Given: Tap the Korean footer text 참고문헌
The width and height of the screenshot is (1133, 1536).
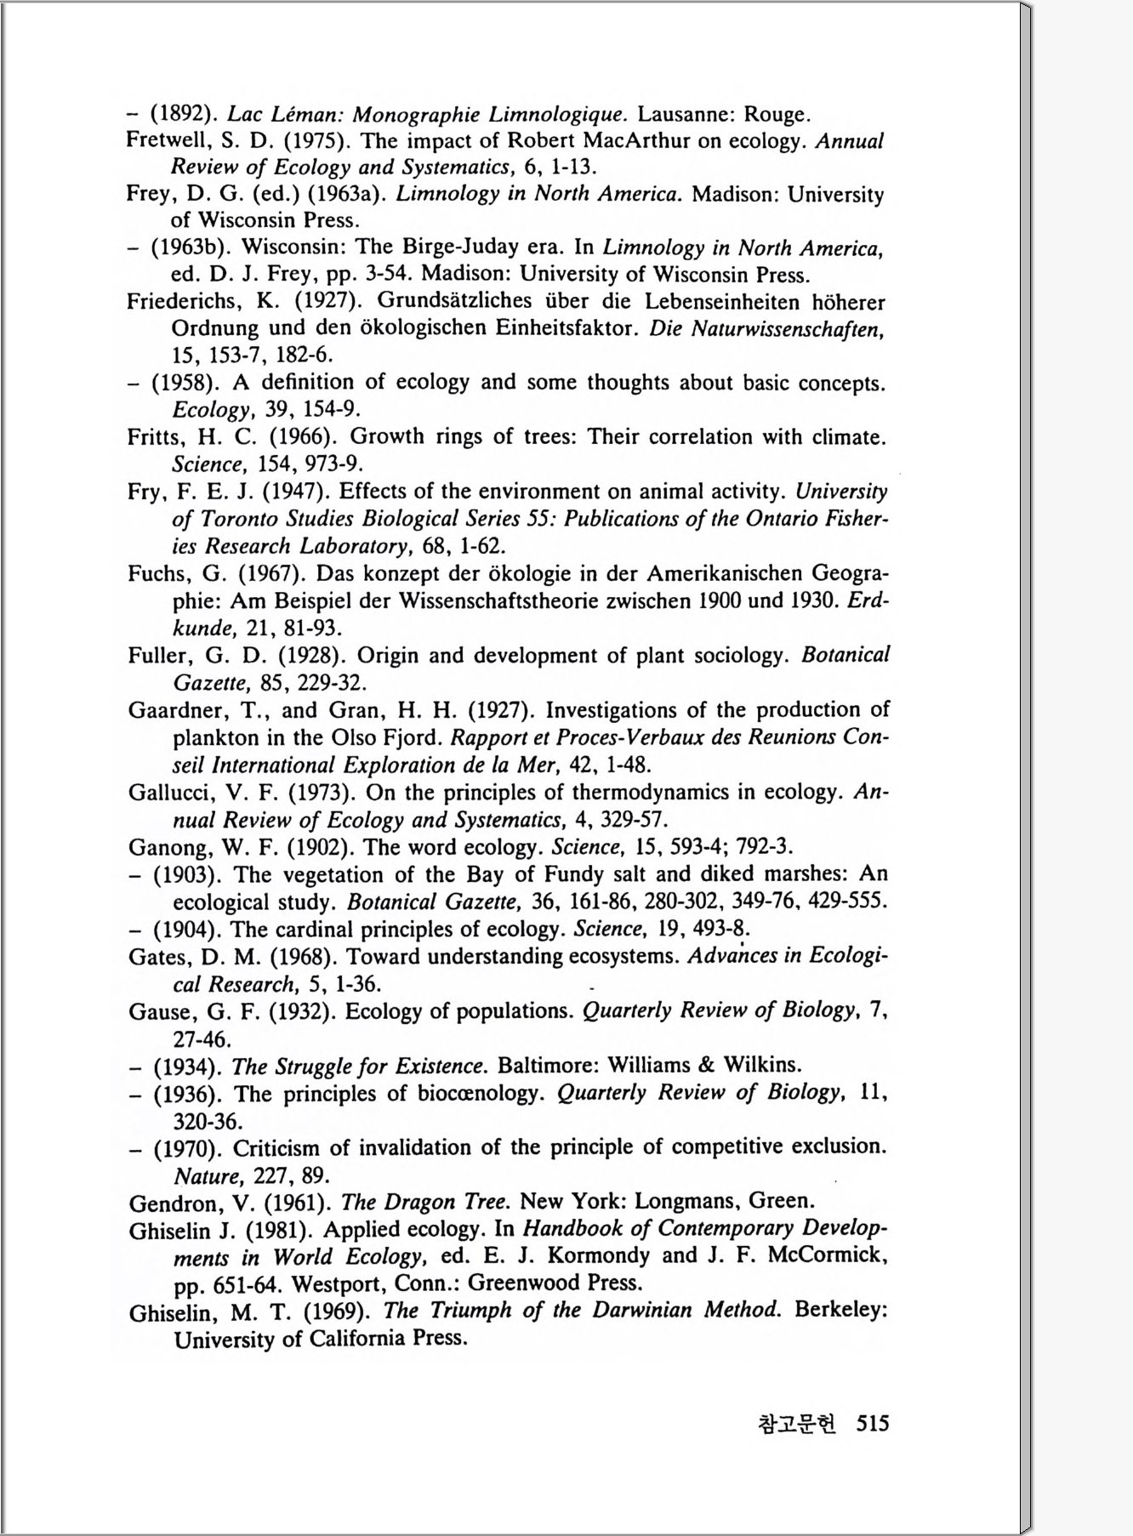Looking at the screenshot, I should coord(796,1423).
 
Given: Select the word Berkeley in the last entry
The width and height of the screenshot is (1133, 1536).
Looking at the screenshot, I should coord(841,1310).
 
